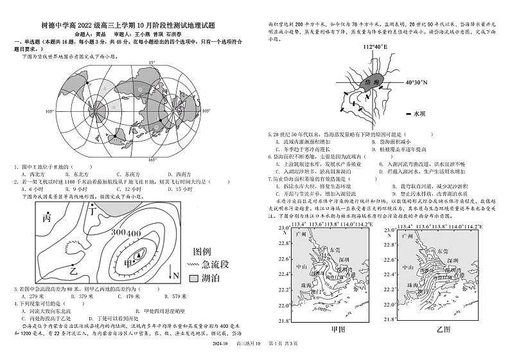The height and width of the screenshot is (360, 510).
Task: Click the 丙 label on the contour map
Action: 46,217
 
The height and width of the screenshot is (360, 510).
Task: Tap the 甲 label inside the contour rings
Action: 128,263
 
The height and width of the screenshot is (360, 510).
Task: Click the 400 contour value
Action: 133,233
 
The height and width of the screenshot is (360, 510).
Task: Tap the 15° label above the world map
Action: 152,62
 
